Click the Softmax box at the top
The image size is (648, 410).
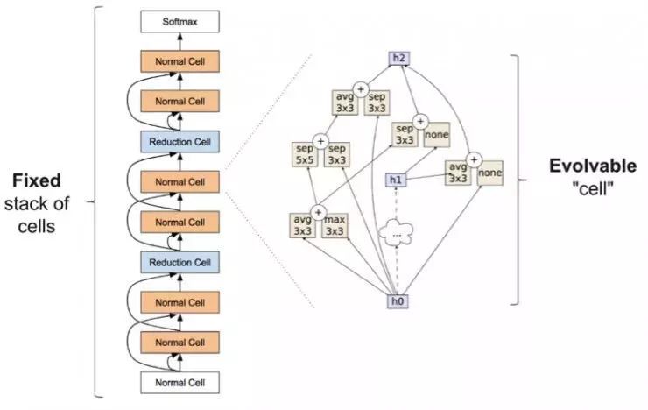179,20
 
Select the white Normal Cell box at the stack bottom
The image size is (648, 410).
179,384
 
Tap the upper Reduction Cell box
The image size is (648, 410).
179,142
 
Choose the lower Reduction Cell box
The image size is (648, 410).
179,263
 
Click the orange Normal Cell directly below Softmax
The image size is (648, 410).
179,61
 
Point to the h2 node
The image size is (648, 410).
398,58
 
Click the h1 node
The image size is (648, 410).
396,180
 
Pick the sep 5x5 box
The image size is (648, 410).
304,154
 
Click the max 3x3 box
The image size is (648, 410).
335,224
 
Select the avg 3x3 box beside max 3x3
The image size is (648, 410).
302,224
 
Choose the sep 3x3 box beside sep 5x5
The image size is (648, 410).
336,154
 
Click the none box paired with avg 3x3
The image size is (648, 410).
490,173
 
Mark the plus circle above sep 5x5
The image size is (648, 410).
320,140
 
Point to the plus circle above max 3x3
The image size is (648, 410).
319,210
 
